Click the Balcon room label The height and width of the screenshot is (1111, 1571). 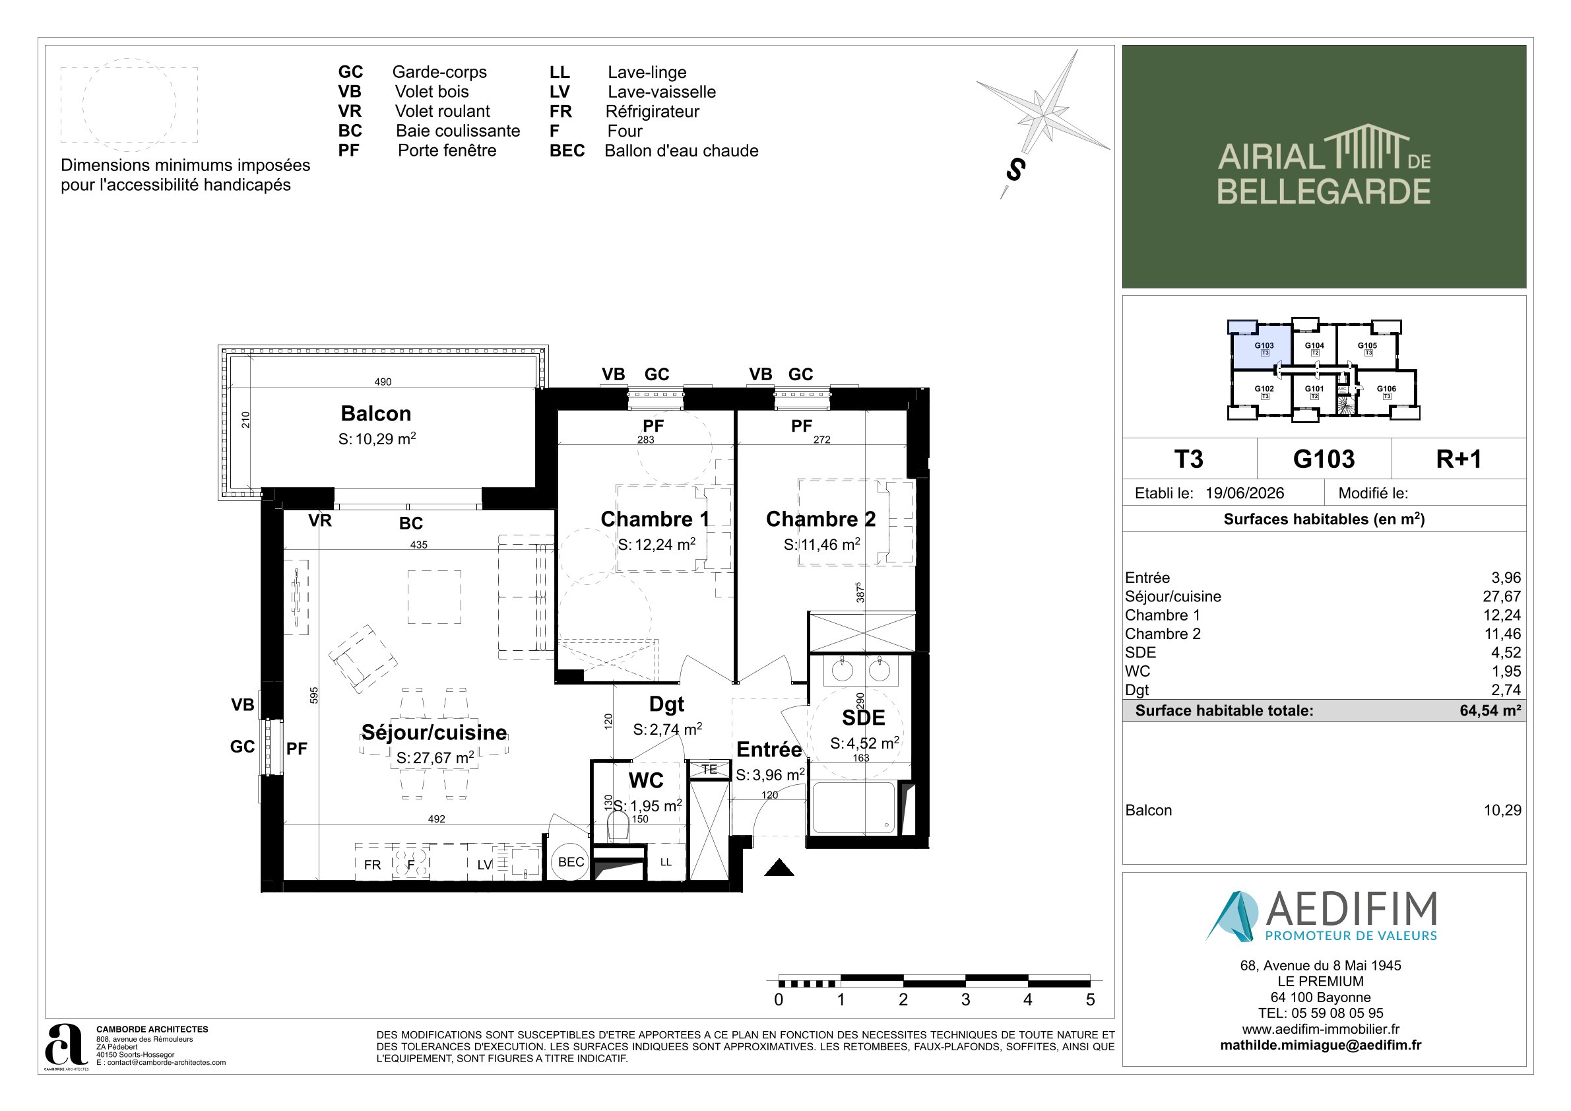tap(375, 413)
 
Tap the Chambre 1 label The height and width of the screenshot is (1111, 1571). tap(654, 519)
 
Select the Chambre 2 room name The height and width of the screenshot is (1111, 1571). tap(820, 519)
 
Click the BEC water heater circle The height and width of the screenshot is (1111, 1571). tap(571, 862)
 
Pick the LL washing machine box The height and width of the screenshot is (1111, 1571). tap(666, 863)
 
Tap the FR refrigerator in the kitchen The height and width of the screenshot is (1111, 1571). tap(373, 865)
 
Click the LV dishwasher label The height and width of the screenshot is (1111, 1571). tap(484, 865)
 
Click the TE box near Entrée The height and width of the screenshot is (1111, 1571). tap(709, 770)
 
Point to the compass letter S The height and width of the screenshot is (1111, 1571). tap(1015, 169)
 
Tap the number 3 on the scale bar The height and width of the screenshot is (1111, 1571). tap(965, 999)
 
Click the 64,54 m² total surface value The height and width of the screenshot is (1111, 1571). tap(1491, 710)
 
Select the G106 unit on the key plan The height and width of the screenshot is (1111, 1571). tap(1386, 392)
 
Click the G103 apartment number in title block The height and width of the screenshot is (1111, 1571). tap(1324, 459)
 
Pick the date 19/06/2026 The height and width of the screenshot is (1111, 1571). tap(1244, 493)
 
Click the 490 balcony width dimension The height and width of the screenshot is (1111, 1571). tap(383, 382)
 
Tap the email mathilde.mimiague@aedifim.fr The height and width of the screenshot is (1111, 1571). tap(1320, 1045)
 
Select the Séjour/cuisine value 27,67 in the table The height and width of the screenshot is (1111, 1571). tap(1502, 596)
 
